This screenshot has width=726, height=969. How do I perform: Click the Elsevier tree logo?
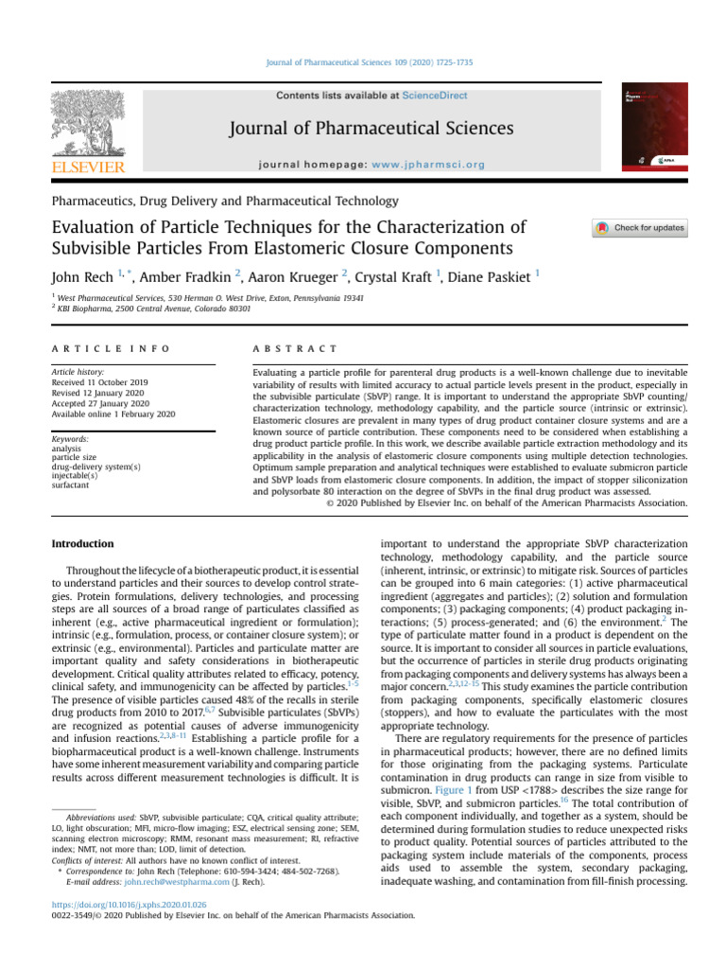pyautogui.click(x=86, y=122)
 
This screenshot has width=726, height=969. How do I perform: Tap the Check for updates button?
pyautogui.click(x=640, y=228)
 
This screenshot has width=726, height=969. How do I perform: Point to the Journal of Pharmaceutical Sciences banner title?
pyautogui.click(x=372, y=128)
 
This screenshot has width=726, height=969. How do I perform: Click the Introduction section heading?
pyautogui.click(x=82, y=544)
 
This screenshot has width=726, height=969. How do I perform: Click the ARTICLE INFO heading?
pyautogui.click(x=111, y=348)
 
